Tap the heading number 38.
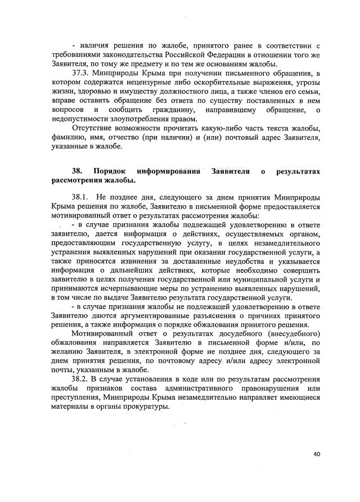(x=77, y=171)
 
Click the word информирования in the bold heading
(x=169, y=171)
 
